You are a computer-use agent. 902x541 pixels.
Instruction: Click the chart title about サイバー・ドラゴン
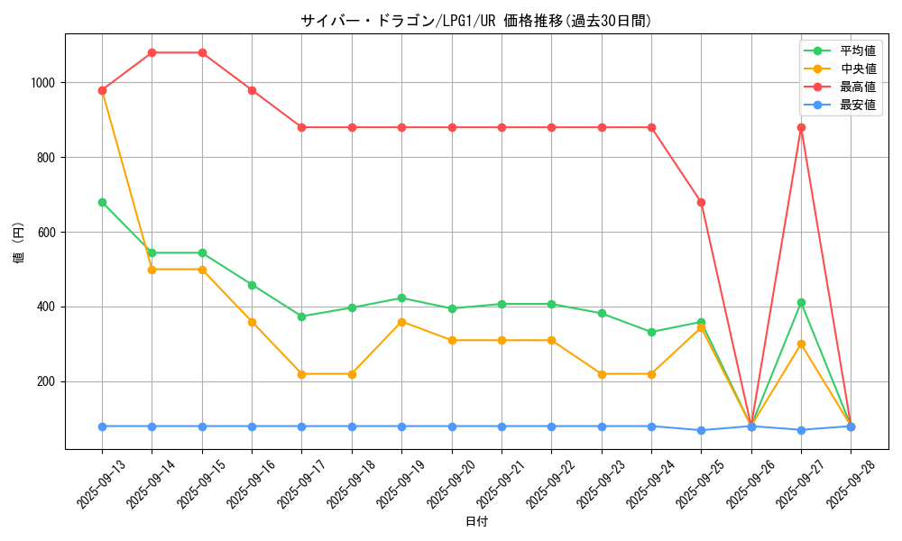click(475, 21)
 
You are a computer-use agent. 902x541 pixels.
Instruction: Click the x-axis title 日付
click(476, 522)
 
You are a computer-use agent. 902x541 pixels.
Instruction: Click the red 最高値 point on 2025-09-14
click(152, 52)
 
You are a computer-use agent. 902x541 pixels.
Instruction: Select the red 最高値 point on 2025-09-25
click(701, 202)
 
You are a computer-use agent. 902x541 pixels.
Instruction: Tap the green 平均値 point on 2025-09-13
click(102, 202)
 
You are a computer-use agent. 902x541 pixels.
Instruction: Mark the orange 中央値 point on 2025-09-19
click(401, 322)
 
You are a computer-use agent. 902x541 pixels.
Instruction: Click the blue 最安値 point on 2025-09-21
click(502, 426)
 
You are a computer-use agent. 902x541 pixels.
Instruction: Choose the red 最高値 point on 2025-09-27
click(801, 127)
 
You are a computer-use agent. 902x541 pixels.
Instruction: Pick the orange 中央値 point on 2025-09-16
click(252, 322)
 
